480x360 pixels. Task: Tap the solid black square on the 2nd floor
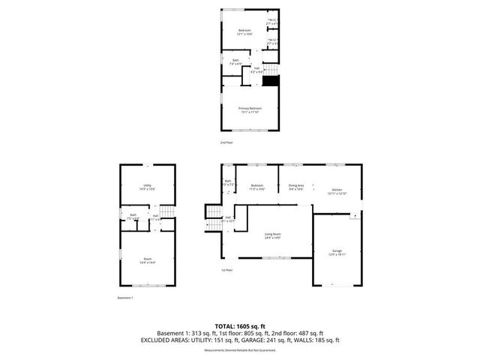pos(271,80)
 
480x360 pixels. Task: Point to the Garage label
pos(337,252)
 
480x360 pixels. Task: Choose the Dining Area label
pos(295,187)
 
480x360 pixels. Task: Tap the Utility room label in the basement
pos(148,187)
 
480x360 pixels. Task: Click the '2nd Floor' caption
pos(226,142)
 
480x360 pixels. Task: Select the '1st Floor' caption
pos(226,270)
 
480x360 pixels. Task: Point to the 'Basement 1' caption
pos(125,298)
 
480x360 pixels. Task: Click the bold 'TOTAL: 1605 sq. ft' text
pos(239,325)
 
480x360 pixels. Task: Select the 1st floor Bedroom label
pos(256,187)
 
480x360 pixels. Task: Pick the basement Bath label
pos(132,217)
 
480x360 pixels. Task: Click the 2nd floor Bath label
pos(235,61)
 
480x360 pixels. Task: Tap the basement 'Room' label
pos(148,260)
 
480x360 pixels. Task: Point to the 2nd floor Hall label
pos(256,70)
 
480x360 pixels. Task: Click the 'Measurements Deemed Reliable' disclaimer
pos(239,349)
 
